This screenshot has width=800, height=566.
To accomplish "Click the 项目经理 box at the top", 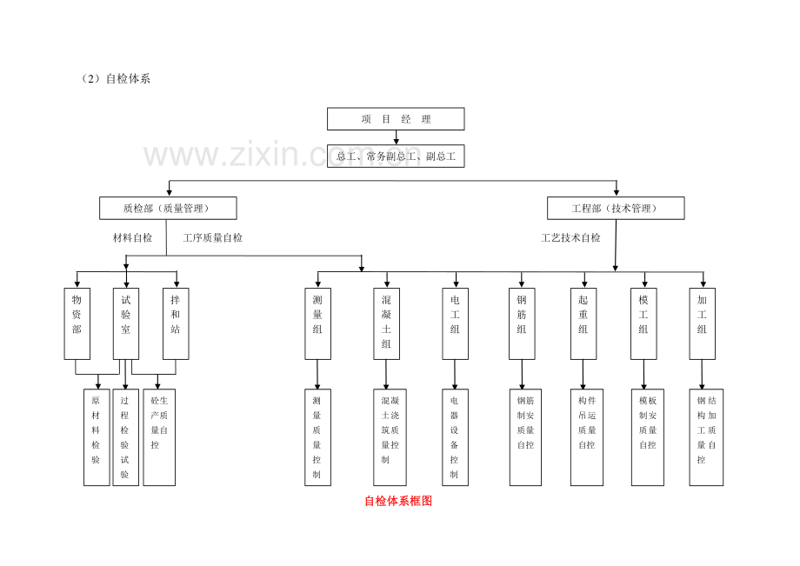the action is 396,119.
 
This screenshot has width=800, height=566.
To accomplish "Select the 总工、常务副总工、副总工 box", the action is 396,156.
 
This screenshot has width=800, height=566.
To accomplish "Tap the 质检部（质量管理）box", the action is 168,208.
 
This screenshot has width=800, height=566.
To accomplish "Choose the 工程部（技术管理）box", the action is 616,208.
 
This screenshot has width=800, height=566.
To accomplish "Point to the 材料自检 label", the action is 133,237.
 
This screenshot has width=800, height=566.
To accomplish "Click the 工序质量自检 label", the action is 213,237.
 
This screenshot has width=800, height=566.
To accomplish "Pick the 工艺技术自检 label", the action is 571,237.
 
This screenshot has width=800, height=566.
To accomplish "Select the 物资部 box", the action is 77,323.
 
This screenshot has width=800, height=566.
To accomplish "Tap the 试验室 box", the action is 126,323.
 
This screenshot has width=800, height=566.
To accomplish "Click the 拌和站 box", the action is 176,323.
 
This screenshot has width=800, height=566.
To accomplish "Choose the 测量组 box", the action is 318,323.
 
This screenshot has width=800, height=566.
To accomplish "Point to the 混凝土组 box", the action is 387,323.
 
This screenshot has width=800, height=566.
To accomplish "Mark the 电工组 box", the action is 455,323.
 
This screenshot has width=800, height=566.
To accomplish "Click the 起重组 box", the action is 583,323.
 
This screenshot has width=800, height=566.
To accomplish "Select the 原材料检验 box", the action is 97,437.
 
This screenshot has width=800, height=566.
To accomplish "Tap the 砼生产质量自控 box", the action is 159,437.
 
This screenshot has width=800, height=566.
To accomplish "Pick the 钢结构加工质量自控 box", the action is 706,437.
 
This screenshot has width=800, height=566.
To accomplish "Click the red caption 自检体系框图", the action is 398,501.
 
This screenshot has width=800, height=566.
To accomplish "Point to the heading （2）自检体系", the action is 116,78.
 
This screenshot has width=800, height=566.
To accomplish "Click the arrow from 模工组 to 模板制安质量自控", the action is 643,375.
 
